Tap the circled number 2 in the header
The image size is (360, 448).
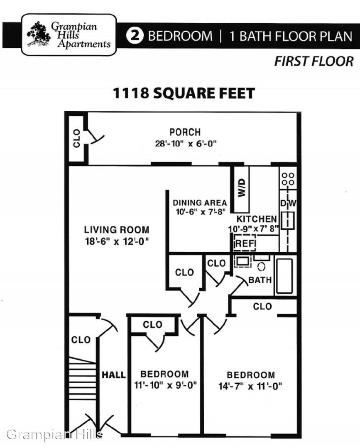pos(135,36)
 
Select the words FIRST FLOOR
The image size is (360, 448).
pos(313,61)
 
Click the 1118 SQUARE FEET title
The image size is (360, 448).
pos(184,93)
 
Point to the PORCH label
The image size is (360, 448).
pos(185,132)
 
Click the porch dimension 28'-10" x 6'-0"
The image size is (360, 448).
pos(186,144)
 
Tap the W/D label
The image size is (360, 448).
pos(242,188)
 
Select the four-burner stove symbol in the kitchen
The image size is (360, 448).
pos(288,179)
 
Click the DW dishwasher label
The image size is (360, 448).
pos(288,203)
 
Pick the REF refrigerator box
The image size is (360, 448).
pos(245,243)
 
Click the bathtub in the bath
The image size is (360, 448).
pos(284,276)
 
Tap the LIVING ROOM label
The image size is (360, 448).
pos(117,230)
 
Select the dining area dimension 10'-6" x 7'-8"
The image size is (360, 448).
pos(201,212)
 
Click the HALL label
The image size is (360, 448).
pos(113,375)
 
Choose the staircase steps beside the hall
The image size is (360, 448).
pos(83,378)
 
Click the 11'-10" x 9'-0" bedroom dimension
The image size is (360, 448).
pos(166,385)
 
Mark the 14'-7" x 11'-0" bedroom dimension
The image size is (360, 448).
pos(250,386)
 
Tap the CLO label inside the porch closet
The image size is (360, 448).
pos(77,138)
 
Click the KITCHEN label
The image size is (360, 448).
pos(257,219)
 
